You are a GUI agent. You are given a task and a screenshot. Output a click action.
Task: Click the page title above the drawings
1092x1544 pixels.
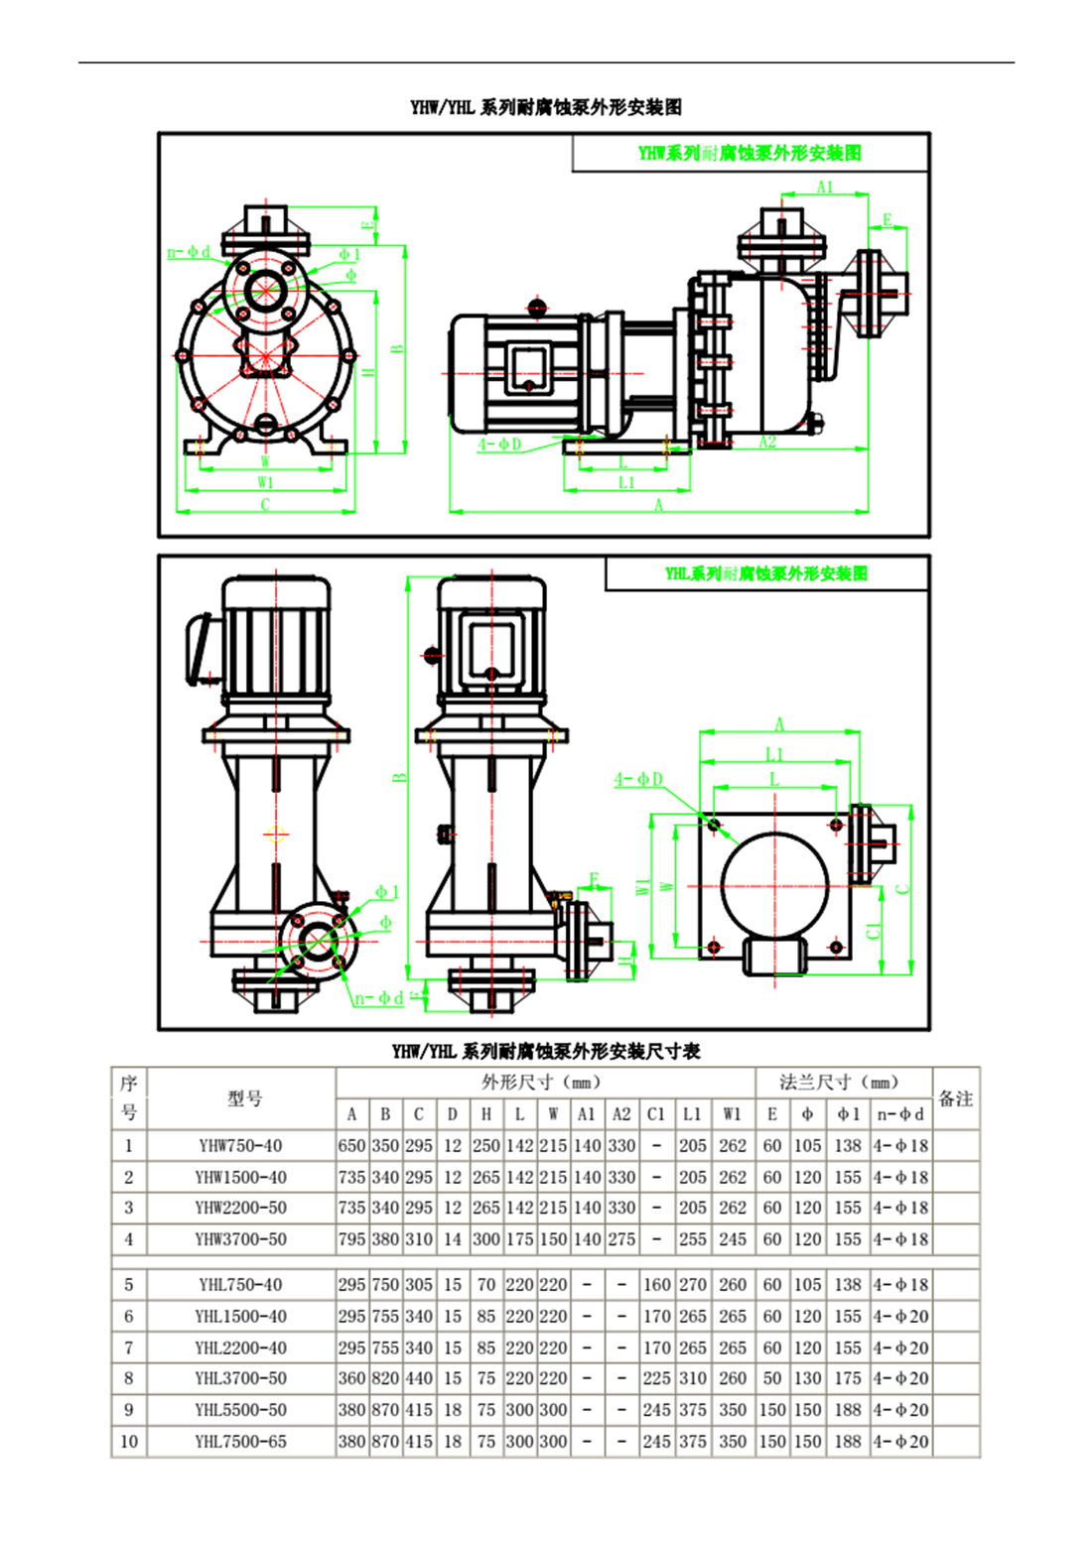546,107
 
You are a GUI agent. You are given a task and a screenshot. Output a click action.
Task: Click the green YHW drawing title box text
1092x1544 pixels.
750,153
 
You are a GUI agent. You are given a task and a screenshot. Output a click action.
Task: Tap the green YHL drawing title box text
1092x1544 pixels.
766,574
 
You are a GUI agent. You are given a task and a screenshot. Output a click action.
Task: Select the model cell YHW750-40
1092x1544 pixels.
240,1145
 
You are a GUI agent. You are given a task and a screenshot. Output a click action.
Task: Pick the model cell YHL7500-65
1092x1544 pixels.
240,1441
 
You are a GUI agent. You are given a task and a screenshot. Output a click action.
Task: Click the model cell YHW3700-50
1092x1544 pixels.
240,1239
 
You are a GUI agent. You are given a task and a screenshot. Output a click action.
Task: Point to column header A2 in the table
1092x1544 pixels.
621,1114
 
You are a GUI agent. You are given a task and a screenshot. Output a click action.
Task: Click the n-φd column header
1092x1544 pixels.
901,1114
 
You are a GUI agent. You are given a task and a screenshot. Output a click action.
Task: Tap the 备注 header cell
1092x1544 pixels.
955,1098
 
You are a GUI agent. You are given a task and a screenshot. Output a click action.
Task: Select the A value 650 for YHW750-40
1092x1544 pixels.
352,1145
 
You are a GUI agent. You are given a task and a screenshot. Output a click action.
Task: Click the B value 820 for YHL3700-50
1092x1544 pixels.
385,1378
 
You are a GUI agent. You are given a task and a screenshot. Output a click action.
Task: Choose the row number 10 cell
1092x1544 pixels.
129,1441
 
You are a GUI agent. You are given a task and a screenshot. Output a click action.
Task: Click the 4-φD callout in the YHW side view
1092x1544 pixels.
499,444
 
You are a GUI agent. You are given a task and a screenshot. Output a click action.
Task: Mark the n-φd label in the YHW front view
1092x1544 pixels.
189,252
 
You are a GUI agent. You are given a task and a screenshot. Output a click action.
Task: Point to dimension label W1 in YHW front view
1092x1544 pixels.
265,482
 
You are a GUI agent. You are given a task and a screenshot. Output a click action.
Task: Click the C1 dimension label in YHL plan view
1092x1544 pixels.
874,931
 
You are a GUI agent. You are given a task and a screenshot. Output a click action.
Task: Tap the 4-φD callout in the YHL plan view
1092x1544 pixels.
638,780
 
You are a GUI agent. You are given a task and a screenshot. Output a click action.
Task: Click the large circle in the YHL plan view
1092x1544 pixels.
774,885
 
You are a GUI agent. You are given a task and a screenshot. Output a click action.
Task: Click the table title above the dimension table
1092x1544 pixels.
546,1052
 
